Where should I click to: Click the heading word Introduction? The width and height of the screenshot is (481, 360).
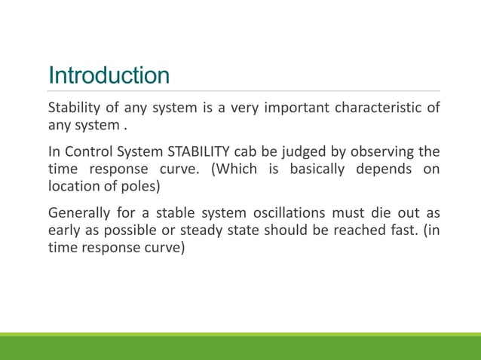pos(109,76)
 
